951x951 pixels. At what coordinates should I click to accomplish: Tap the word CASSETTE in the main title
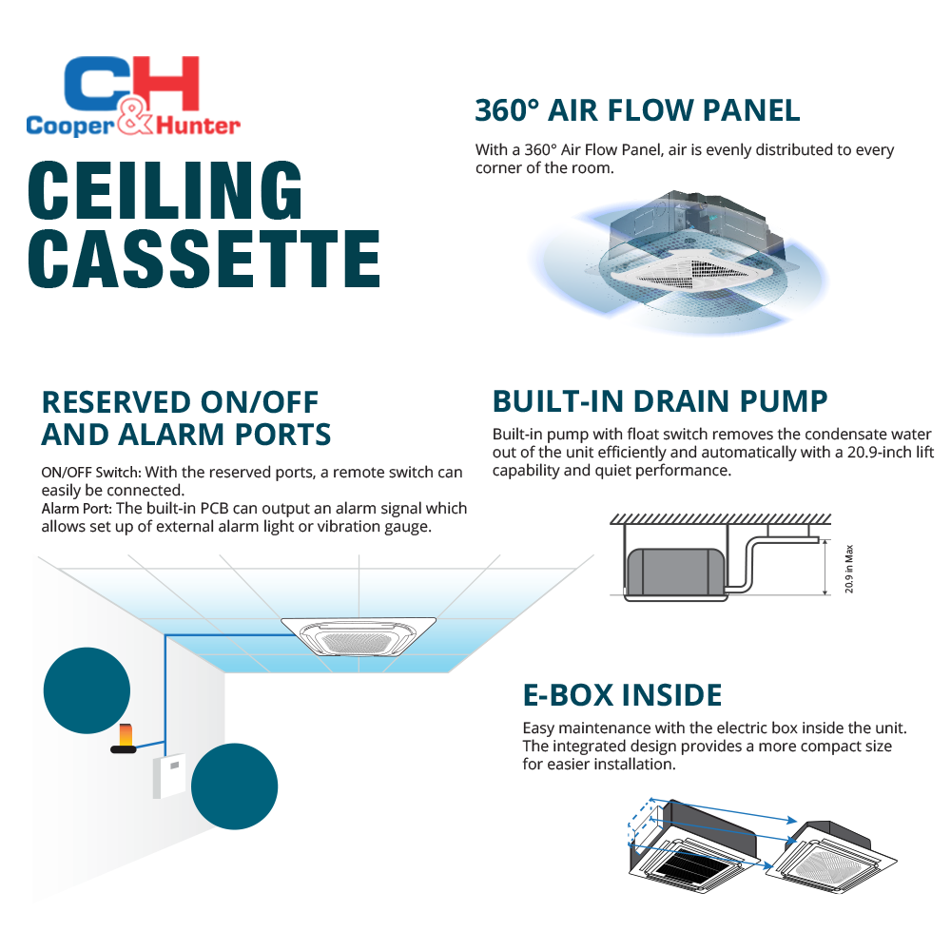coord(204,256)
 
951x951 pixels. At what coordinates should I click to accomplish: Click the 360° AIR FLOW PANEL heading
coord(637,109)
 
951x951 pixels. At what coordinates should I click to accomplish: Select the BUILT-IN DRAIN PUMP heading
coord(659,399)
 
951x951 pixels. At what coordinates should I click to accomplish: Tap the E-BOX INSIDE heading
coord(622,694)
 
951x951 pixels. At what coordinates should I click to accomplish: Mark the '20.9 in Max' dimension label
coord(849,568)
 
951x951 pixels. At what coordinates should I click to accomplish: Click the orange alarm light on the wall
coord(125,735)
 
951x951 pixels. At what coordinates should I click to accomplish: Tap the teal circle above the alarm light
coord(87,690)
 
